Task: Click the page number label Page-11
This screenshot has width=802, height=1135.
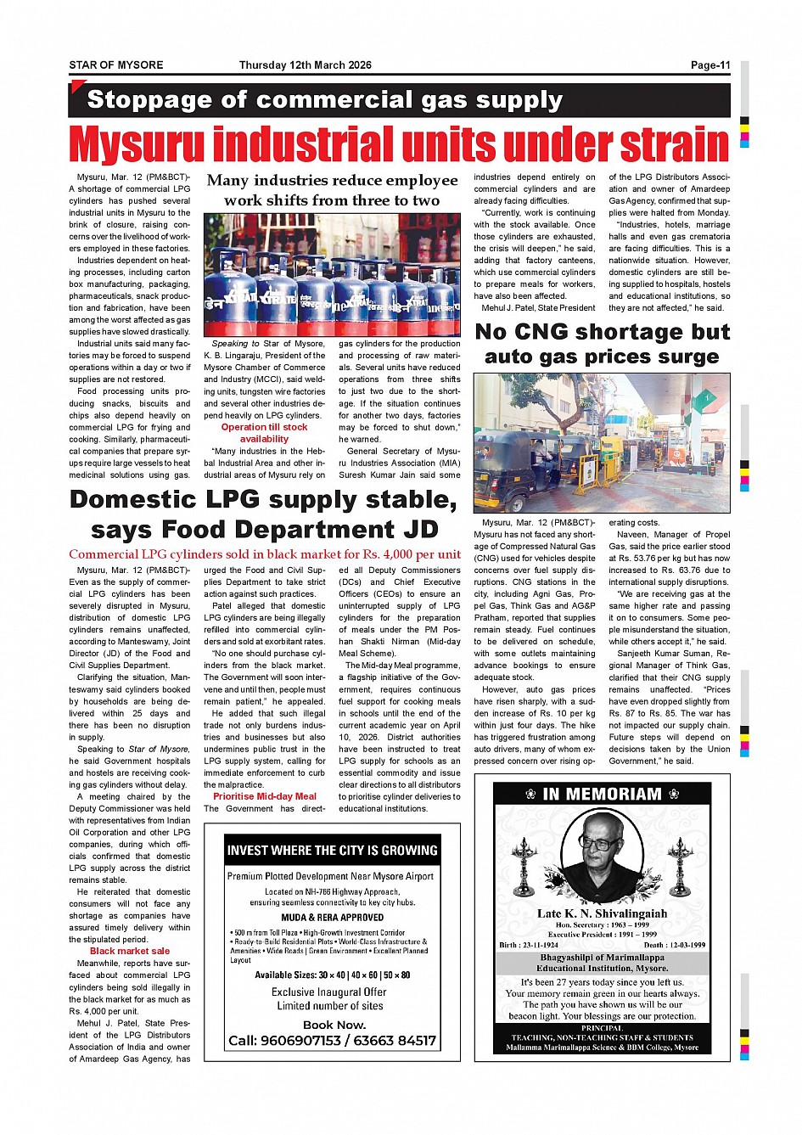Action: coord(709,65)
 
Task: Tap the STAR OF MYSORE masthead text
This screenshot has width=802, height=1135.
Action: coord(115,65)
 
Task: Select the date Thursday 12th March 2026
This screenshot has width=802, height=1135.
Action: coord(305,65)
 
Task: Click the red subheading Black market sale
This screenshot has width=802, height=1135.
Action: coord(130,951)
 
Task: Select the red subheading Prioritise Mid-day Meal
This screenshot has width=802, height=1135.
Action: coord(265,796)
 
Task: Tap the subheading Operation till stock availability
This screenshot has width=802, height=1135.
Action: coord(264,433)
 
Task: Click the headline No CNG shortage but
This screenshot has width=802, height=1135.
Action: coord(602,331)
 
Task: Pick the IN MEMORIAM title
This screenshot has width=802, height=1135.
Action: coord(602,794)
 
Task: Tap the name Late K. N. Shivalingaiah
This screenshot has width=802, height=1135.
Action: coord(602,913)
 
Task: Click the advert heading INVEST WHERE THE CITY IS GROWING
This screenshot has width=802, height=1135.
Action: coord(332,850)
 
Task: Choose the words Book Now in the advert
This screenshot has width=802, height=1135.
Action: coord(334,1025)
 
